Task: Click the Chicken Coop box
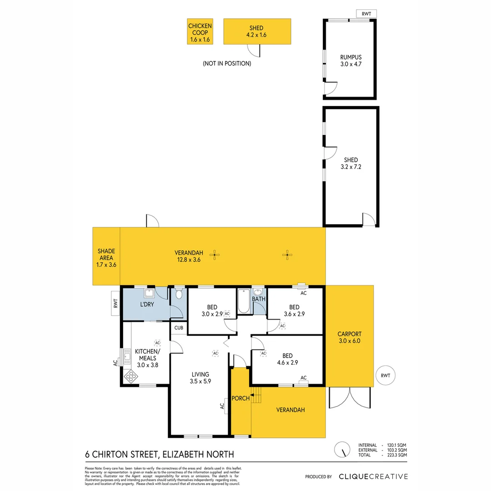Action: (200, 31)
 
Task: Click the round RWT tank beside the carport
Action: (386, 376)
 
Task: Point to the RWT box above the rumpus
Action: (366, 14)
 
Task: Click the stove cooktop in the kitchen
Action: (131, 376)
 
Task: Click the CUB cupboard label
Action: (178, 327)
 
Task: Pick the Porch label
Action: (240, 398)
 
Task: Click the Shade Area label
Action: (106, 257)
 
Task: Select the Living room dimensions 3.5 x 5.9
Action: (200, 382)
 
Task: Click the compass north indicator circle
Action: (341, 450)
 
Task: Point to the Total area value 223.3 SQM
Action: (396, 455)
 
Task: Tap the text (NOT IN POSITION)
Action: (227, 64)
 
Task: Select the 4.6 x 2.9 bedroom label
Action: (287, 362)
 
